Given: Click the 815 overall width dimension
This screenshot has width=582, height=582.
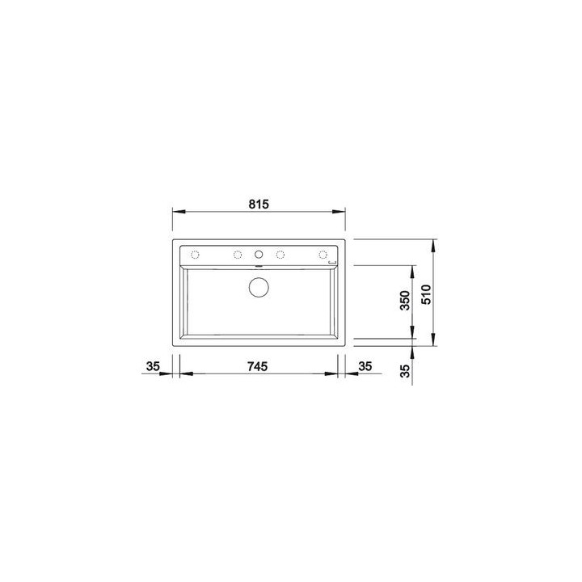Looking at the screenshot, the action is coord(259,205).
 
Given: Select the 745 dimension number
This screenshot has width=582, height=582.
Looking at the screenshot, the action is coord(257,366).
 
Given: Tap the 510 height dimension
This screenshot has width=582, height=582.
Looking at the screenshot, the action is coord(427,294).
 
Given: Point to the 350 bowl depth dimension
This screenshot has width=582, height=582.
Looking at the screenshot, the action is coord(405,300).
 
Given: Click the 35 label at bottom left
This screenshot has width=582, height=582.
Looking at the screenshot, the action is coord(153,366).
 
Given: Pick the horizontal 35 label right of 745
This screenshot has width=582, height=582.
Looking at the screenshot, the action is coord(365,366).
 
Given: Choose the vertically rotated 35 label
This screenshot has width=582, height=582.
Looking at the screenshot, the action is coord(407,371).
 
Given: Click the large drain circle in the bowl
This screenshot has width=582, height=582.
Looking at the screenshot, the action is coord(259,286).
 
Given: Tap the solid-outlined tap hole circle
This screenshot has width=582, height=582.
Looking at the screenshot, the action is coord(259,255).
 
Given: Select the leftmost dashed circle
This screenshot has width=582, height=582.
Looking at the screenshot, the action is coord(195,255).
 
